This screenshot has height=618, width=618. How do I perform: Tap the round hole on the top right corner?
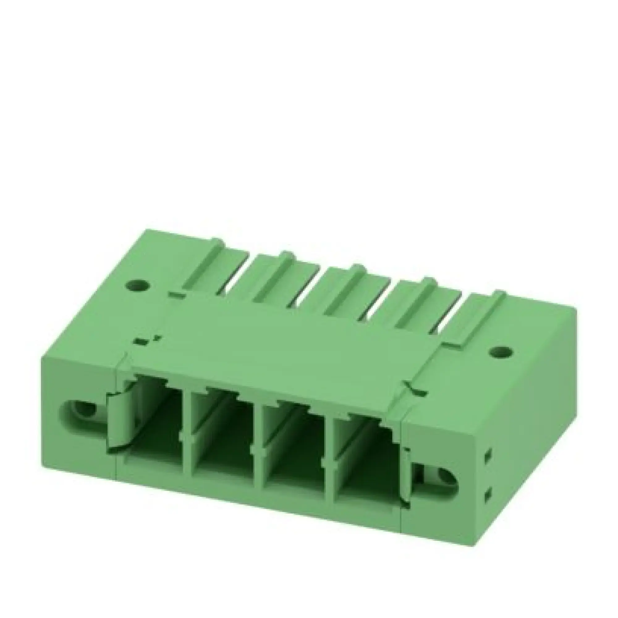[501, 352]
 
